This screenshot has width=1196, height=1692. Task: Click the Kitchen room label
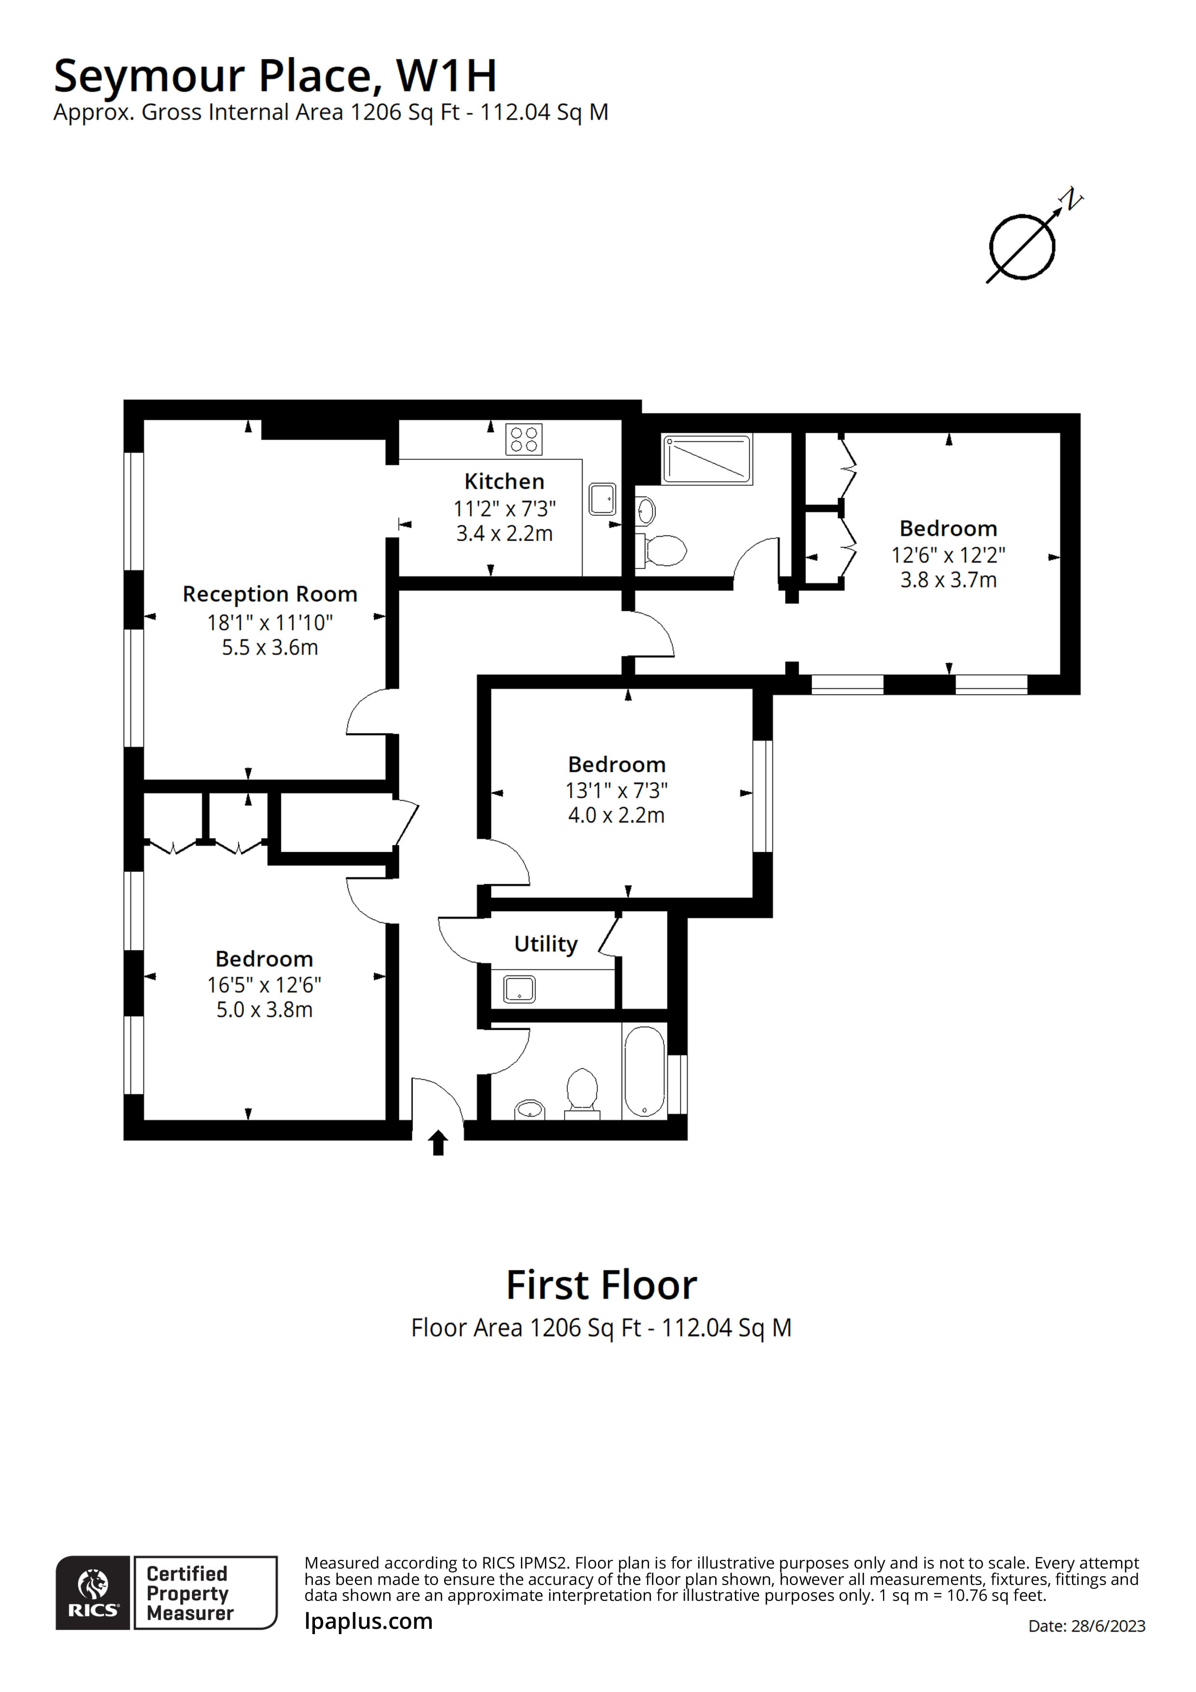504,481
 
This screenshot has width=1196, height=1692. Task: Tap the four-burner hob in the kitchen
524,439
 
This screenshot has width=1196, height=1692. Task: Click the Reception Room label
270,594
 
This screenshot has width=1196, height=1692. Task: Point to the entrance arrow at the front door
438,1142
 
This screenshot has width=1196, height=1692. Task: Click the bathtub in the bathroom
644,1072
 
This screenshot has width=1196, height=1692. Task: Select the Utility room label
545,944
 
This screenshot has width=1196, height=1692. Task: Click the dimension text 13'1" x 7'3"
616,791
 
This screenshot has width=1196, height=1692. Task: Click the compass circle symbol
1022,247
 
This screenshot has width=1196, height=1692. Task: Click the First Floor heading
601,1285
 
